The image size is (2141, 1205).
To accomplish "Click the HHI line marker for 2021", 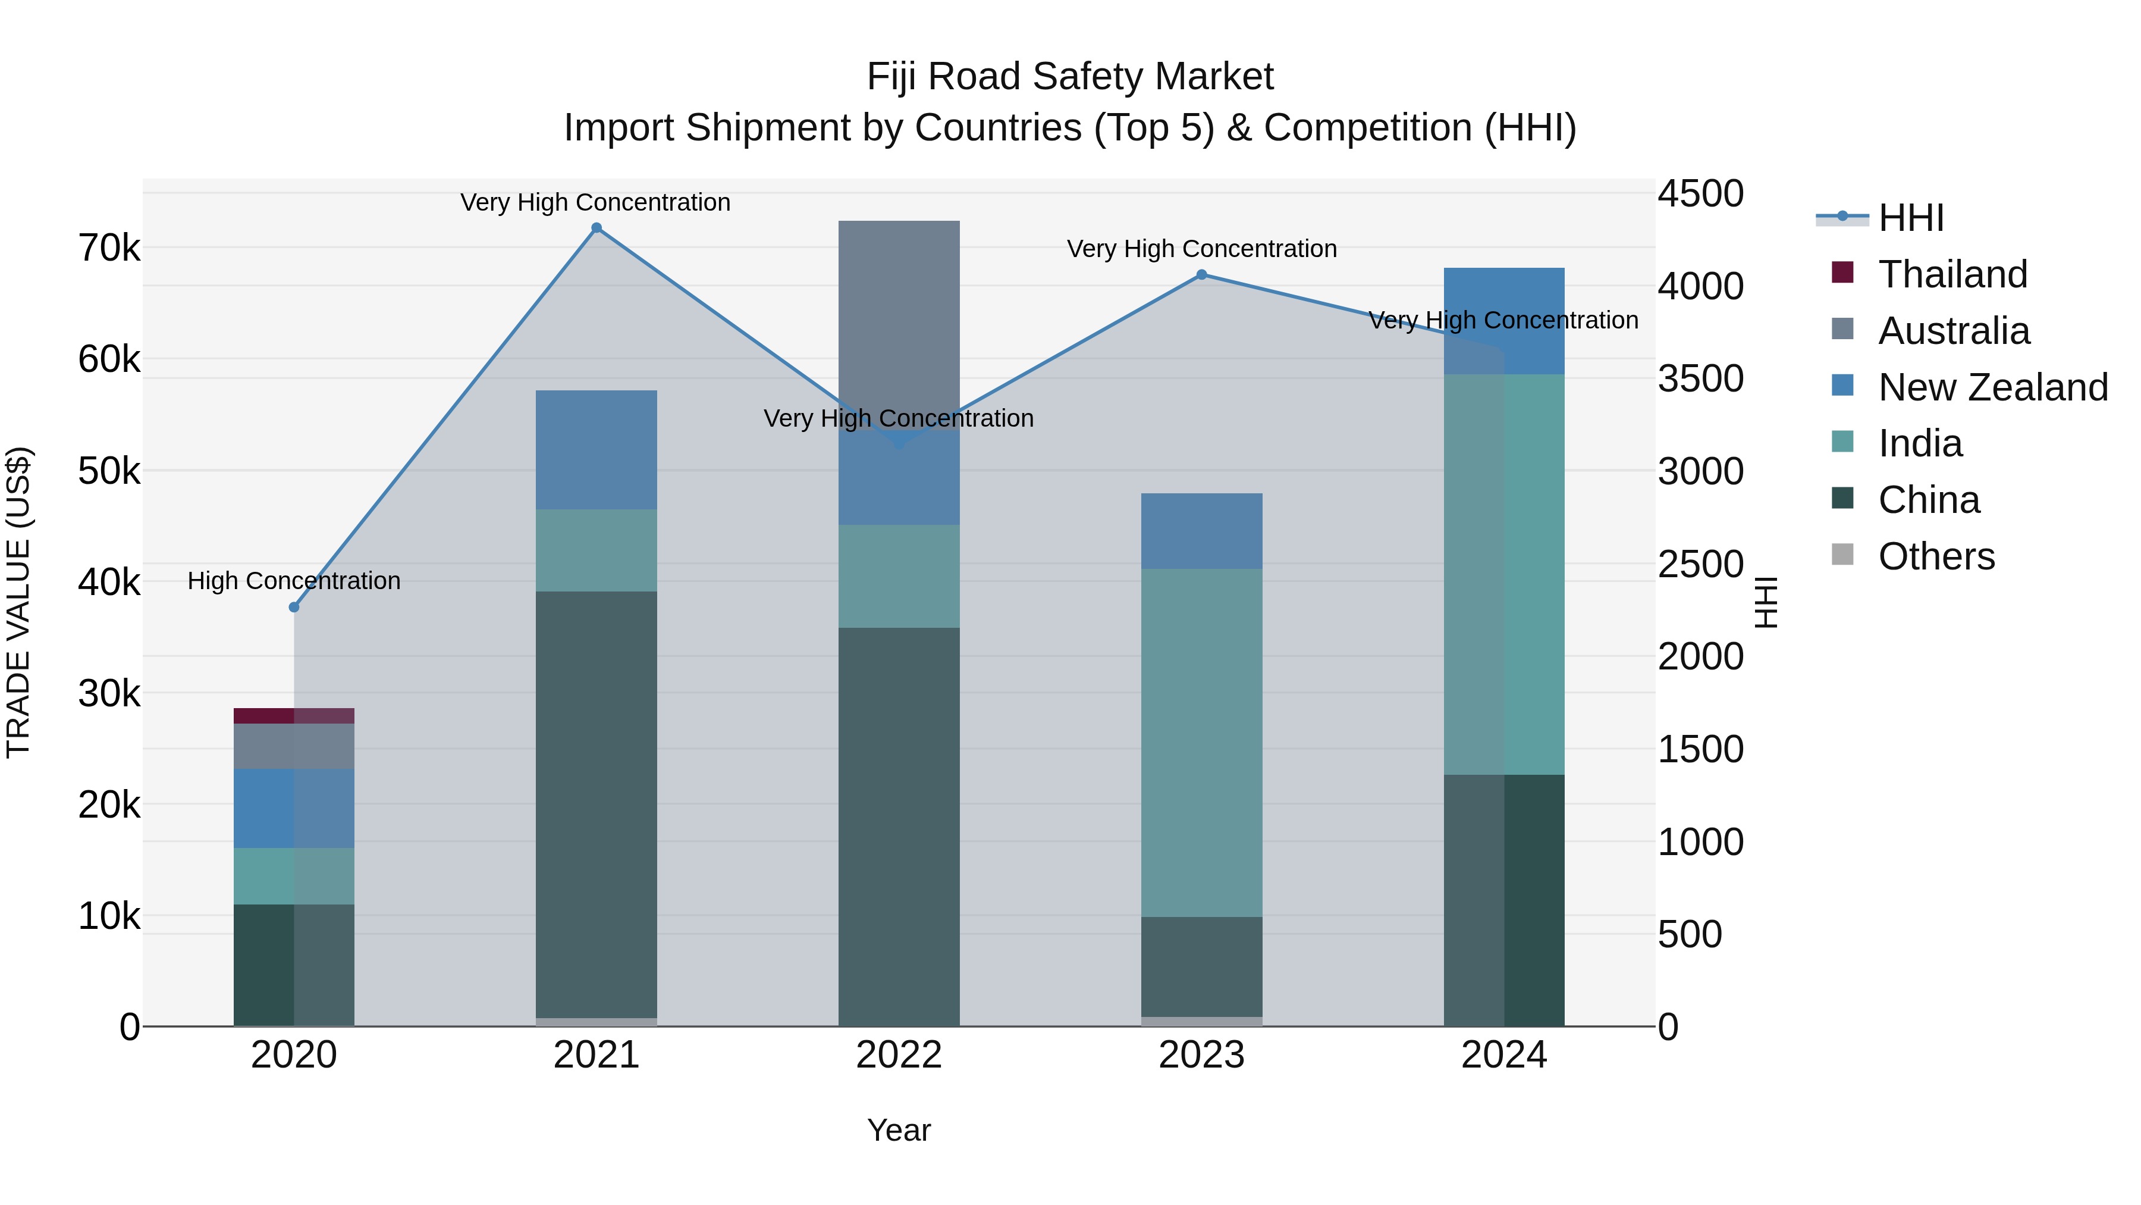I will click(596, 228).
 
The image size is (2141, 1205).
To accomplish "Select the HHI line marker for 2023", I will click(1201, 274).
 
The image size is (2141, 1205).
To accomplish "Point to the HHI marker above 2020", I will click(294, 607).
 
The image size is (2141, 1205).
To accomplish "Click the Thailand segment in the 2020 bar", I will click(294, 716).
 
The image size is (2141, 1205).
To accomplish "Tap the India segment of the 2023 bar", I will click(1201, 743).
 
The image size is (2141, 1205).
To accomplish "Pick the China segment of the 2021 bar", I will click(596, 803).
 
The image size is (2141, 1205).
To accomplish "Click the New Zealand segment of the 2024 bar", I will click(1503, 321).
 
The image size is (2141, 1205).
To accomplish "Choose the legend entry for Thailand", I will click(1952, 274).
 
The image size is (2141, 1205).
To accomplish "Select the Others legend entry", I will click(1936, 556).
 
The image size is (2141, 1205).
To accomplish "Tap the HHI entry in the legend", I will click(1910, 218).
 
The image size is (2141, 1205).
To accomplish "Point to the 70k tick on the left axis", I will click(109, 248).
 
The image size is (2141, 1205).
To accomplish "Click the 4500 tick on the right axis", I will click(1700, 194).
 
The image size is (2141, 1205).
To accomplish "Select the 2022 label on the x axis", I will click(899, 1055).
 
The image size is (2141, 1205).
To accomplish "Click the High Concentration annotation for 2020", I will click(294, 580).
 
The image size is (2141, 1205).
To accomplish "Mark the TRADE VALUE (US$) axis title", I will click(18, 602).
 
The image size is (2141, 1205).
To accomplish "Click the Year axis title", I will click(899, 1130).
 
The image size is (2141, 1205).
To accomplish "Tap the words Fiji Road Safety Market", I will click(1070, 77).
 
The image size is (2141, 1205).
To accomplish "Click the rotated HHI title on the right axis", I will click(1765, 602).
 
